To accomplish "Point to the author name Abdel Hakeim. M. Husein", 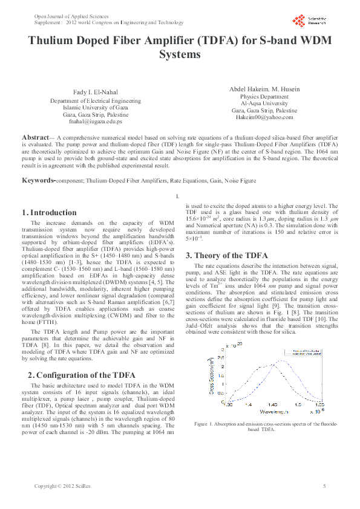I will [x=264, y=89].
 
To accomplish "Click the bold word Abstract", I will [x=39, y=138].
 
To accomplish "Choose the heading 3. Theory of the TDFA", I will [x=226, y=256].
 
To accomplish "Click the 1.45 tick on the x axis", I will [x=272, y=405].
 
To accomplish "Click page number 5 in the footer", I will [x=324, y=486].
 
